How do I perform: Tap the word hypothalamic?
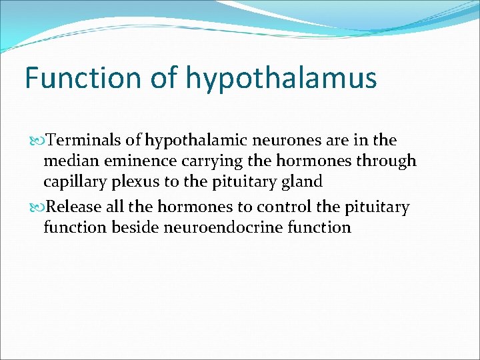[191, 141]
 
